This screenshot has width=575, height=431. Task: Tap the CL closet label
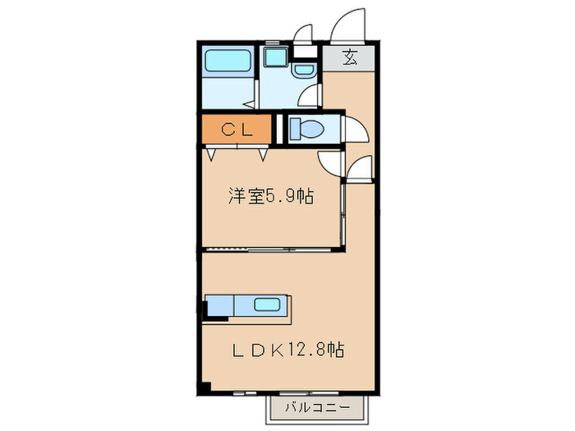(x=237, y=129)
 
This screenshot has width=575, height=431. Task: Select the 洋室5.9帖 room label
(x=270, y=197)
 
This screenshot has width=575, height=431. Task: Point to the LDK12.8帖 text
(x=287, y=350)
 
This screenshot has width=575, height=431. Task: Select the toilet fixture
(x=311, y=129)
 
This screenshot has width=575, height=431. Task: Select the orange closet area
(x=237, y=129)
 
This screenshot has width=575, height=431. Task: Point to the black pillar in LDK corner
(x=205, y=386)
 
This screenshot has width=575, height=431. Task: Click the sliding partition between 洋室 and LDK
(x=271, y=247)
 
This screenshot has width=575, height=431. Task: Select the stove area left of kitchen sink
(x=219, y=305)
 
